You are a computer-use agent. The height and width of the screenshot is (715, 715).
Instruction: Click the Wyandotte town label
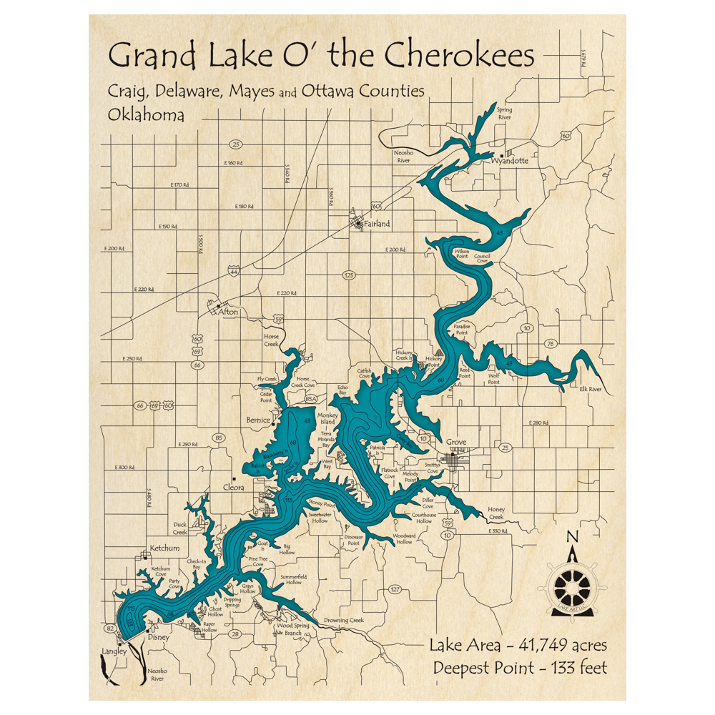tap(510, 162)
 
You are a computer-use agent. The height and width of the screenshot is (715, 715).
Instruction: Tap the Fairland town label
tap(376, 224)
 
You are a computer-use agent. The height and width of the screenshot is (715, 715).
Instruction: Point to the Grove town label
tap(456, 443)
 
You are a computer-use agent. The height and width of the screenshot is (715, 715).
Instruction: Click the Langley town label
tap(114, 651)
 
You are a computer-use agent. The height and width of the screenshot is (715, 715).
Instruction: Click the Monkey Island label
tap(328, 419)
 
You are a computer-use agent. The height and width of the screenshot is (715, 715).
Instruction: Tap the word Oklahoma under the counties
tap(146, 114)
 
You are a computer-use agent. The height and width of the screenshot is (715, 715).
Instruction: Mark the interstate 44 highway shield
tap(234, 270)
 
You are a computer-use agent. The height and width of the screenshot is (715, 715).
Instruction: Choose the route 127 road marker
tap(395, 589)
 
